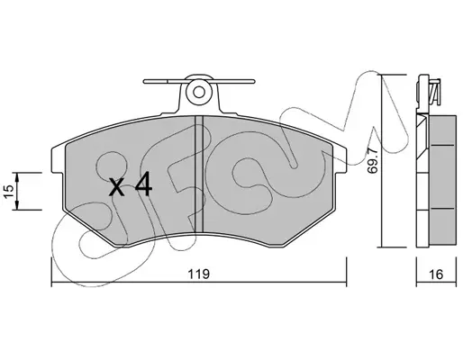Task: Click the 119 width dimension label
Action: (198, 274)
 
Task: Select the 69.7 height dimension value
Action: (373, 161)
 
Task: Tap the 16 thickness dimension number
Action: (436, 274)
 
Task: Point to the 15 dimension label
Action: (9, 191)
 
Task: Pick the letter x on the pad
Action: (116, 187)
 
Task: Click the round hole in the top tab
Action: (199, 93)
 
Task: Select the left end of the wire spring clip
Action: (145, 81)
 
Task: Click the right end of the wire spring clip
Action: (253, 81)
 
